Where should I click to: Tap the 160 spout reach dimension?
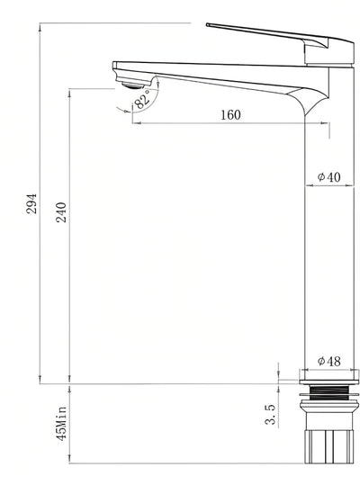click(x=229, y=114)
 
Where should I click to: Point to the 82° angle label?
click(x=142, y=103)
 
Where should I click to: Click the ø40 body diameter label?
click(x=328, y=177)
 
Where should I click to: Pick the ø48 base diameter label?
click(x=328, y=361)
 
